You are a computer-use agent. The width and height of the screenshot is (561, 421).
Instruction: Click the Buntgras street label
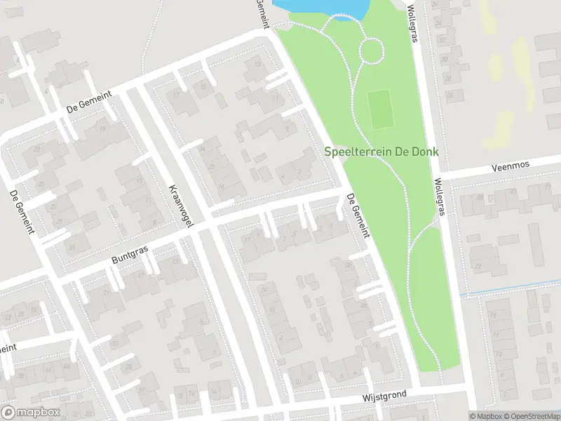[130, 253]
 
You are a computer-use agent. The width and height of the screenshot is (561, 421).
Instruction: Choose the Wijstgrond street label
[385, 397]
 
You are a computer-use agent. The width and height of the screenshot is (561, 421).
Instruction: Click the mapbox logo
[29, 411]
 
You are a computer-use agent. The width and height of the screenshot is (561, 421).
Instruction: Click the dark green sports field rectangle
[379, 109]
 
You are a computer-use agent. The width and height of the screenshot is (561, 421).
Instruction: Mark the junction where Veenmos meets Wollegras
[438, 175]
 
